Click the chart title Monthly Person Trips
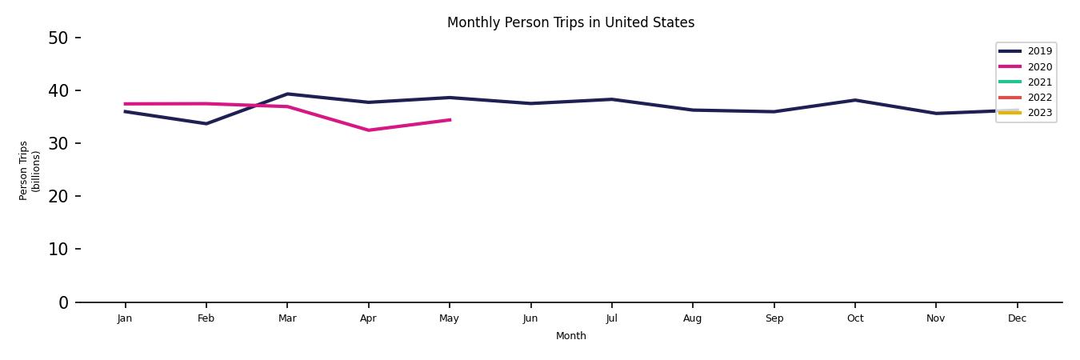[x=570, y=22]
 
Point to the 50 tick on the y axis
[x=58, y=38]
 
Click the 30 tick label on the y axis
[x=58, y=143]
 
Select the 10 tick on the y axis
[x=58, y=249]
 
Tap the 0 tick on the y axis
[x=63, y=302]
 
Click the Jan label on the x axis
[x=125, y=318]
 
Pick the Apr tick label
[x=368, y=318]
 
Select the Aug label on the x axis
[x=693, y=318]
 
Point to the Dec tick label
[x=1017, y=318]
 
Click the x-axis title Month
[x=571, y=336]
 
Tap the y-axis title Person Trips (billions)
[x=30, y=170]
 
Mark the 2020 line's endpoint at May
[x=450, y=120]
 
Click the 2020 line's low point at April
[x=368, y=130]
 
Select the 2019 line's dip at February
[x=206, y=124]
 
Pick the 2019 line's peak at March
[x=287, y=94]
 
